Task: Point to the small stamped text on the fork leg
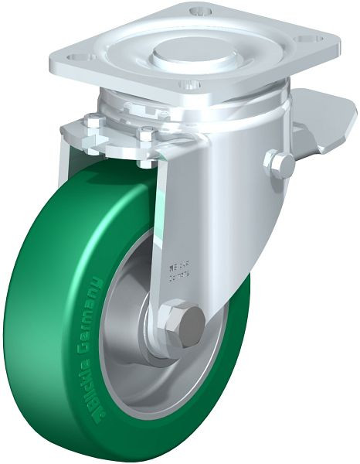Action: pyautogui.click(x=179, y=271)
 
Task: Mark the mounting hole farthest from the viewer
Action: pyautogui.click(x=202, y=11)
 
